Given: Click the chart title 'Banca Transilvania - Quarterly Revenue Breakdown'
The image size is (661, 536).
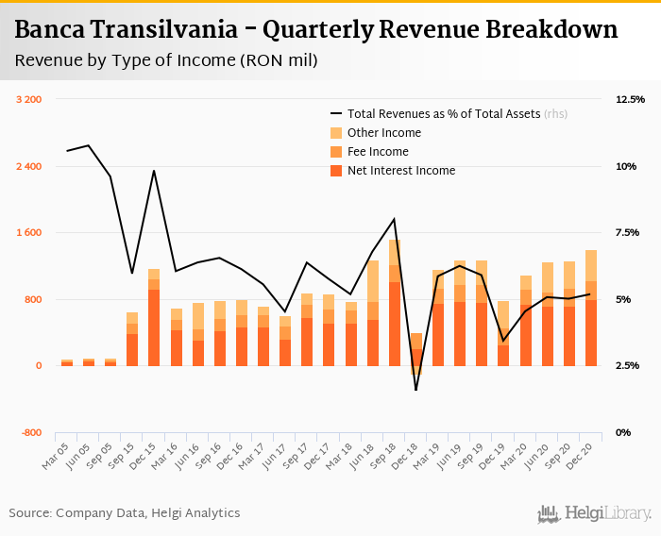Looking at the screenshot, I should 316,30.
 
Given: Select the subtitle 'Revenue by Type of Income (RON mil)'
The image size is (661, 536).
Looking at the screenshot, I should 166,61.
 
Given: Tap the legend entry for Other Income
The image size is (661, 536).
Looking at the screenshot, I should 383,133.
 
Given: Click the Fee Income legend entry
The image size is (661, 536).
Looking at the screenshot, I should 378,152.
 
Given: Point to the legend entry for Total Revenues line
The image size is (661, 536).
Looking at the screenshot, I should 444,114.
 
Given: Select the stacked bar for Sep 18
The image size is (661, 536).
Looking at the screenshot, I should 394,302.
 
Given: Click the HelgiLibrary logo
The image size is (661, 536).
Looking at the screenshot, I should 594,513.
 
